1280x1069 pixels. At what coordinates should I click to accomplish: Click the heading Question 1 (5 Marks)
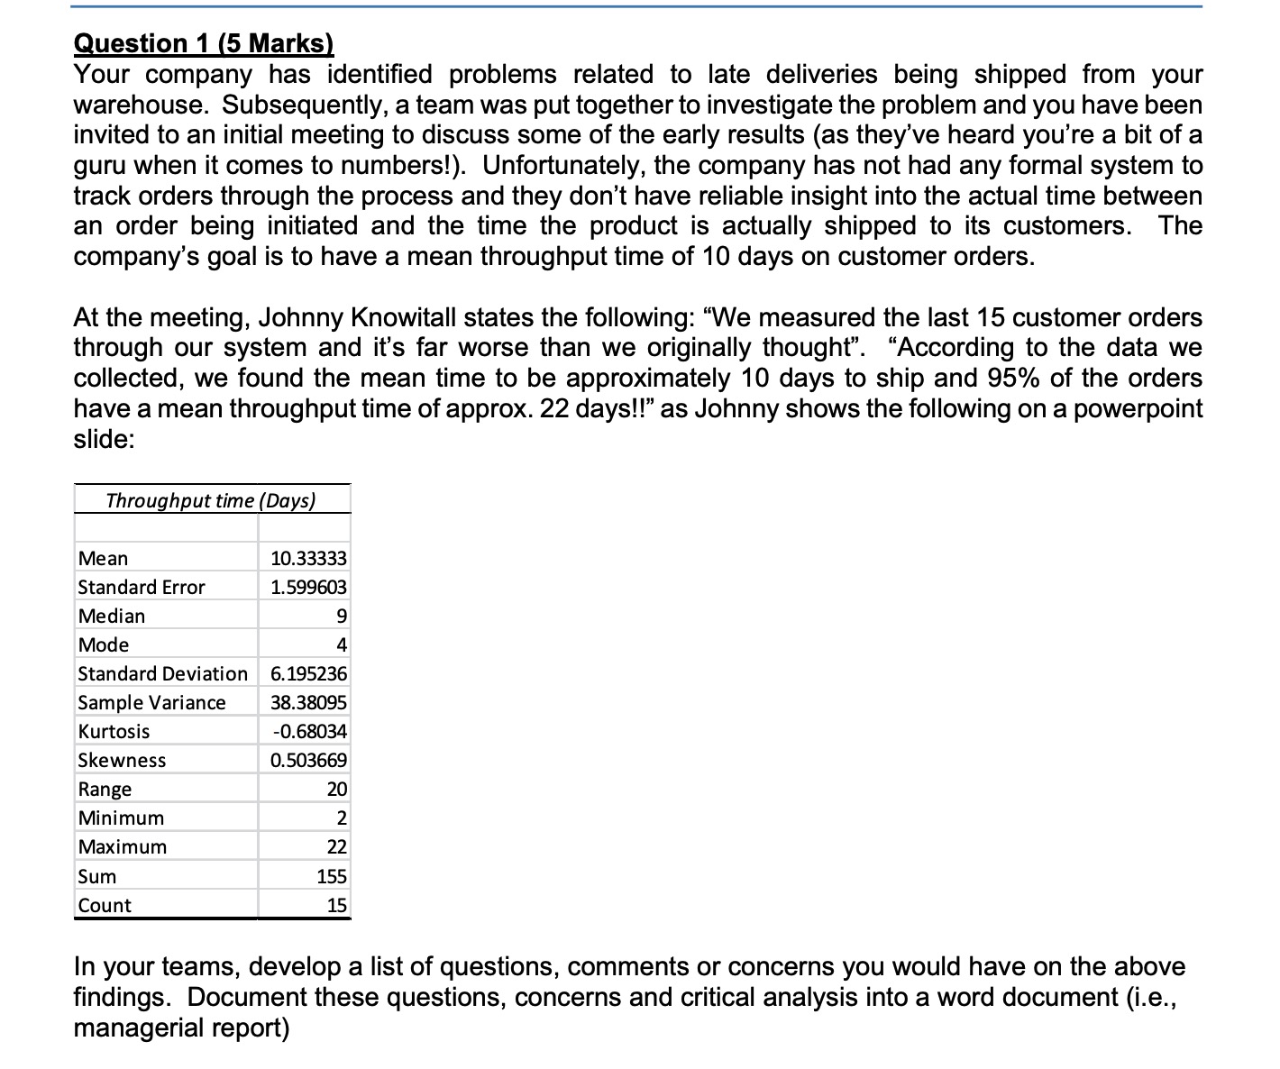tap(203, 43)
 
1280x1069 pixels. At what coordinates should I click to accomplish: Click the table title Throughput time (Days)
tap(211, 500)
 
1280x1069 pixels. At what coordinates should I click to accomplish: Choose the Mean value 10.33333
tap(308, 559)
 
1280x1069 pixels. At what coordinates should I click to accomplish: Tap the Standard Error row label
tap(142, 588)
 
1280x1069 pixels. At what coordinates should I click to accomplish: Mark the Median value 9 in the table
tap(341, 617)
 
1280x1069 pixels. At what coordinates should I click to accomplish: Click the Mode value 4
tap(341, 645)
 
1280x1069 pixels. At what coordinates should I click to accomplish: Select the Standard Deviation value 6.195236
tap(308, 674)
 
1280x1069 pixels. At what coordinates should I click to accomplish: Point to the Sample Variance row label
tap(151, 703)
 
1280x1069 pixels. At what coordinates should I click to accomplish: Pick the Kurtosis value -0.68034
tap(308, 732)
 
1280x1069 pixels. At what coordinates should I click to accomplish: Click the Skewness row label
tap(122, 761)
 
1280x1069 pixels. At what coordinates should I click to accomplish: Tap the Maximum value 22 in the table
tap(336, 847)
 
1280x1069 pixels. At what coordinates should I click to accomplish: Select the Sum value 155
tap(332, 876)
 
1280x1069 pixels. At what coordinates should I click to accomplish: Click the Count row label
tap(105, 906)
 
